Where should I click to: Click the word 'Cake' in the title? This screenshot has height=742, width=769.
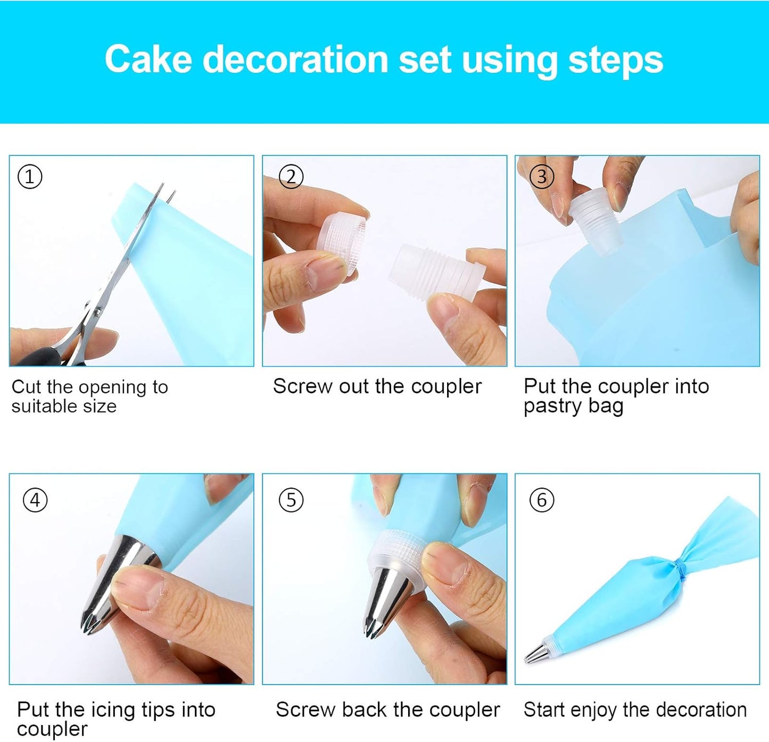[x=148, y=59]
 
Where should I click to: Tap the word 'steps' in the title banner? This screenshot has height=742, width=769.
[x=615, y=60]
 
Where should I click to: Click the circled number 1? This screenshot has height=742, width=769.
[x=30, y=177]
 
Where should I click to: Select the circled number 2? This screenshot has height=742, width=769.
[x=291, y=177]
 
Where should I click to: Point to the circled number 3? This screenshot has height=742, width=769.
[x=542, y=176]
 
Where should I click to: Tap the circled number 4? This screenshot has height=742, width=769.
[x=35, y=500]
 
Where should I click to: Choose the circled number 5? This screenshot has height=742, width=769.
[x=291, y=500]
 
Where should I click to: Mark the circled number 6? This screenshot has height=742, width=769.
[x=542, y=500]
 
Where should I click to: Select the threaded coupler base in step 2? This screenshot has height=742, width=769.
[x=434, y=271]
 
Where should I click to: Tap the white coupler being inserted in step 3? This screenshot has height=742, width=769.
[x=595, y=221]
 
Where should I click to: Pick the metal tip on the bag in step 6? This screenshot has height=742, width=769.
[x=536, y=653]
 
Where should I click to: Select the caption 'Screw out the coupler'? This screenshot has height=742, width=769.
[x=377, y=386]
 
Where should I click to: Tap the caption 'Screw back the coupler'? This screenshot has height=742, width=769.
[x=387, y=710]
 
